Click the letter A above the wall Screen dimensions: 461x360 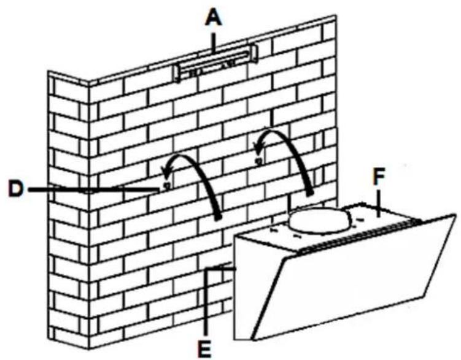[x=214, y=20]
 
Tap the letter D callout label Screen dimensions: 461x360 [x=15, y=189]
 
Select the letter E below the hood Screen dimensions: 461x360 [x=205, y=349]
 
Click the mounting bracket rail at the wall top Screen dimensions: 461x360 [x=216, y=63]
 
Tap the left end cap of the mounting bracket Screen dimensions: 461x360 [x=177, y=74]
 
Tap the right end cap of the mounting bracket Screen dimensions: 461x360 [x=254, y=53]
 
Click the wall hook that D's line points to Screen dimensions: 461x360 [x=167, y=186]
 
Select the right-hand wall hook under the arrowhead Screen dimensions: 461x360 [x=258, y=161]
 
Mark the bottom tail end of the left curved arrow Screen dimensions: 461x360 [x=218, y=218]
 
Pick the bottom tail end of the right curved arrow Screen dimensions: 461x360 [x=309, y=193]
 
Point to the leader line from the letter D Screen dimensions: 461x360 [x=94, y=190]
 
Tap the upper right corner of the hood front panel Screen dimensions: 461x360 [x=455, y=215]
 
